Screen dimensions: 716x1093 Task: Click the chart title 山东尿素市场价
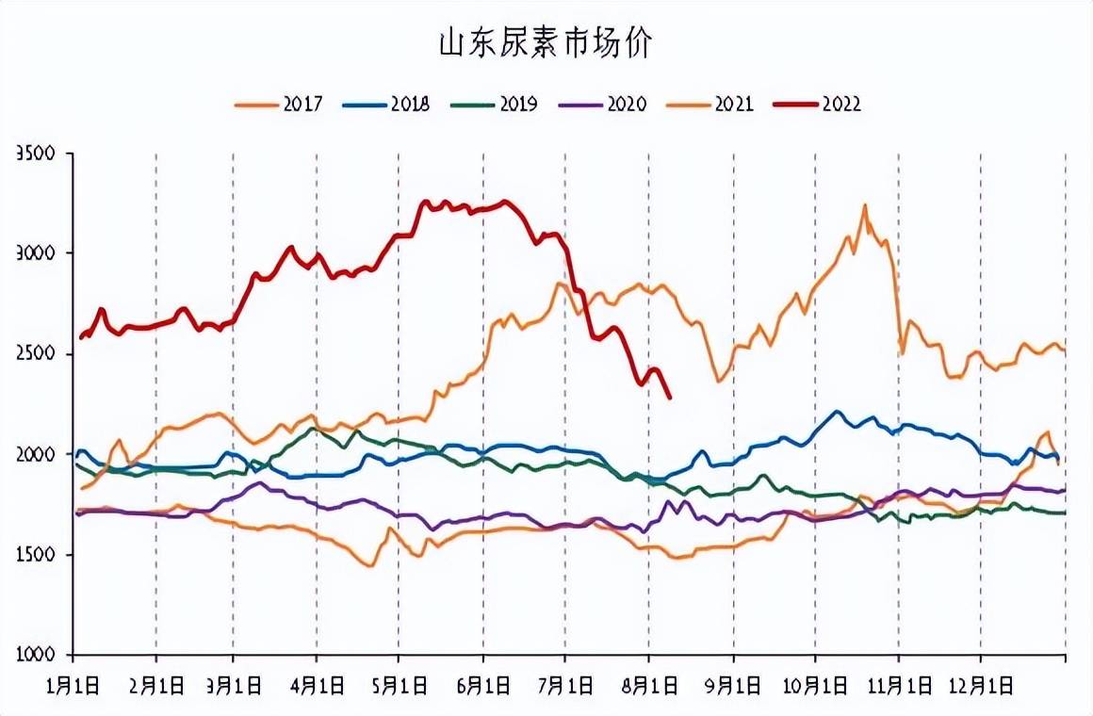click(x=545, y=44)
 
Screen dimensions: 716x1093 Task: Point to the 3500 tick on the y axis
click(x=36, y=153)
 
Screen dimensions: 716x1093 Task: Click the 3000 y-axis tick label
click(x=36, y=253)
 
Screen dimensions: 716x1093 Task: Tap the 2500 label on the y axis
click(x=36, y=354)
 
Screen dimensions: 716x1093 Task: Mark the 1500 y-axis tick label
click(x=36, y=555)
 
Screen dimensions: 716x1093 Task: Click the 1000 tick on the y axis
click(x=36, y=656)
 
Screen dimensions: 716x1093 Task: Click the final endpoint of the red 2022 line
click(x=670, y=398)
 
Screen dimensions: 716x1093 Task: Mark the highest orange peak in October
click(x=864, y=205)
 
